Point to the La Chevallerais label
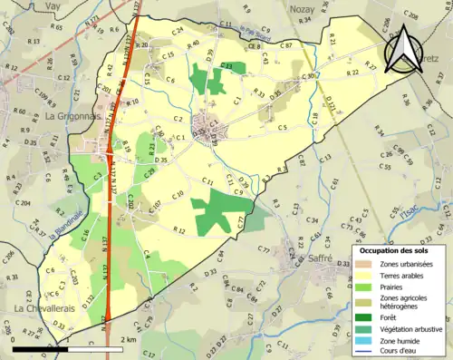pos(44,309)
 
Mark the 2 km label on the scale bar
pos(128,339)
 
